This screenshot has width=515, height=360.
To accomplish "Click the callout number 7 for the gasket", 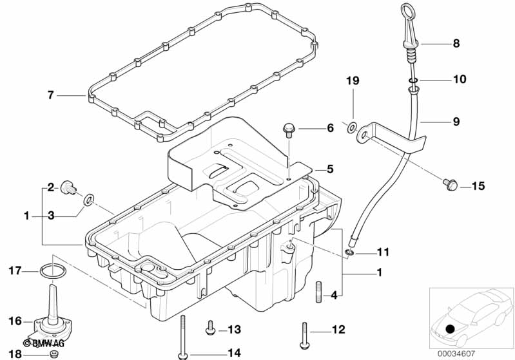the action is (x=50, y=95).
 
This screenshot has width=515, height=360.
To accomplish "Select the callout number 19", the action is (x=353, y=81).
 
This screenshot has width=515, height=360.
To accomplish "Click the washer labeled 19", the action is (x=352, y=128).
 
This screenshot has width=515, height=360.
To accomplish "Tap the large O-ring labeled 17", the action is (x=53, y=271).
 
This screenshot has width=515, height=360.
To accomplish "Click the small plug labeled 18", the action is (x=53, y=354).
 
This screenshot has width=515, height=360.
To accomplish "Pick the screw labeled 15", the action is (x=450, y=184).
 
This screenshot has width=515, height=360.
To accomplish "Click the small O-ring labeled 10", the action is (x=413, y=81).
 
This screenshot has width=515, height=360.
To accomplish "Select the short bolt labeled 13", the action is (x=210, y=328).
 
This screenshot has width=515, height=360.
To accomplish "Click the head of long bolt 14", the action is (x=182, y=355).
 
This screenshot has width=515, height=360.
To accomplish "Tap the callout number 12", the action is (x=338, y=329).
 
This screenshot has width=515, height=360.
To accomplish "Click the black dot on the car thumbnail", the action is (x=451, y=328).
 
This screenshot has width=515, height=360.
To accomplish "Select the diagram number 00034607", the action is (x=456, y=354).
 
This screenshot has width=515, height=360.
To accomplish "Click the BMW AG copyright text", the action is (x=44, y=343).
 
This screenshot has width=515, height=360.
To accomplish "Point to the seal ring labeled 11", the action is (x=349, y=252).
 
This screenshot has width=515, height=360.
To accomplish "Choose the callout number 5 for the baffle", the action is (x=330, y=169).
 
